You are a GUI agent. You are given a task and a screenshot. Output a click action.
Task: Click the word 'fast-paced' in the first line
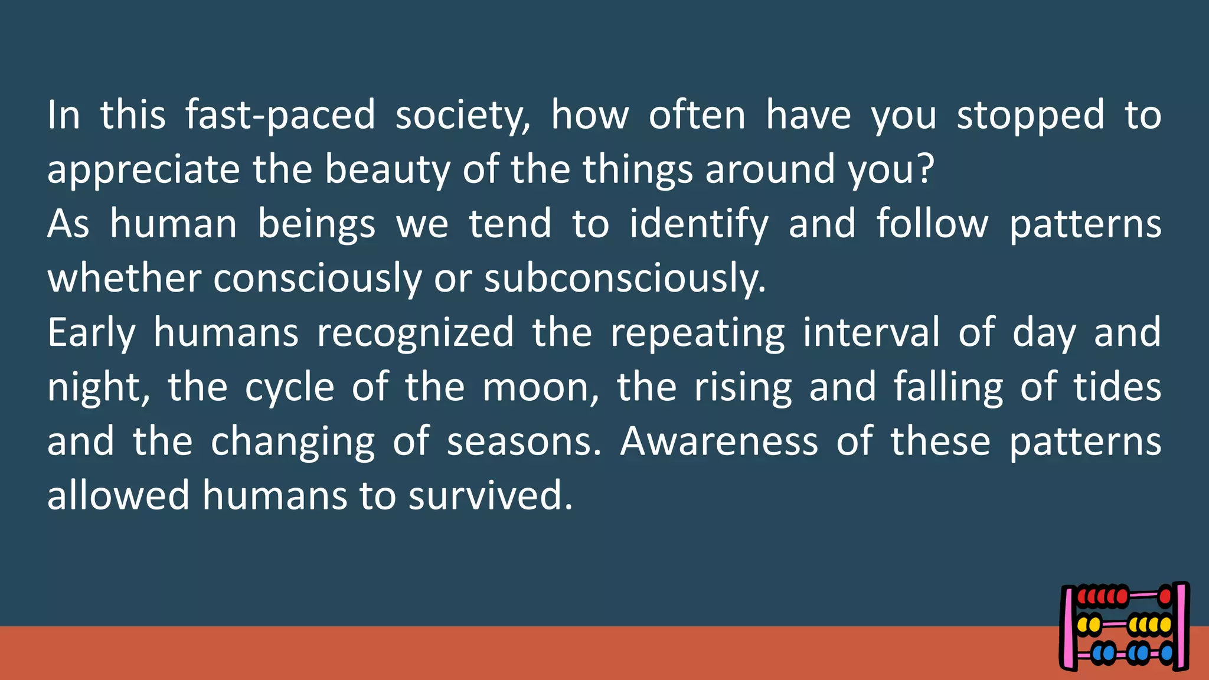click(280, 115)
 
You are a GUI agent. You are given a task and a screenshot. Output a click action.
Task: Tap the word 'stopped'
click(1030, 115)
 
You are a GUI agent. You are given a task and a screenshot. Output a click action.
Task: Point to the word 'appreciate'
click(143, 169)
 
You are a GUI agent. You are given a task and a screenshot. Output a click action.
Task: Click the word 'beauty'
click(387, 169)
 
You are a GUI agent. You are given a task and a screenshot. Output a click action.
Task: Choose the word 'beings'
click(316, 224)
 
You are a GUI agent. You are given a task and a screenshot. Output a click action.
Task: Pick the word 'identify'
click(699, 224)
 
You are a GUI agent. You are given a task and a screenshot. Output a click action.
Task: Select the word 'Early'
click(92, 333)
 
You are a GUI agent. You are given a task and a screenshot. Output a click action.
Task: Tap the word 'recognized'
click(416, 333)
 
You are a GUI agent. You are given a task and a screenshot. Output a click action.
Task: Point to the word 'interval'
click(871, 333)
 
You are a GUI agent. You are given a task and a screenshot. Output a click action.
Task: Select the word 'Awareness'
click(719, 442)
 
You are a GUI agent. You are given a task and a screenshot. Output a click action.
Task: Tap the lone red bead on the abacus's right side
click(1165, 597)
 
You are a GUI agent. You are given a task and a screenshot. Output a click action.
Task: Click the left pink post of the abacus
click(1069, 628)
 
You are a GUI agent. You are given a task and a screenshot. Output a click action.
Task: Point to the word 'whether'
click(124, 279)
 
